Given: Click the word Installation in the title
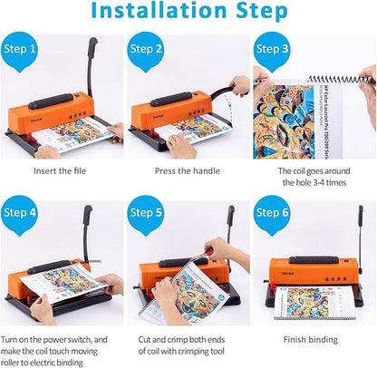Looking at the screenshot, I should (x=155, y=13).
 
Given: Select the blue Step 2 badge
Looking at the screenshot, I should (x=148, y=49).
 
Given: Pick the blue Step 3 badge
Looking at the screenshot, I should (x=273, y=49).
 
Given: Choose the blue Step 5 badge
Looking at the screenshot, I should (x=148, y=213).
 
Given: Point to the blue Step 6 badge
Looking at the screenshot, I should (x=273, y=213).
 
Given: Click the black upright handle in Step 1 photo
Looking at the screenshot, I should (x=92, y=63).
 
